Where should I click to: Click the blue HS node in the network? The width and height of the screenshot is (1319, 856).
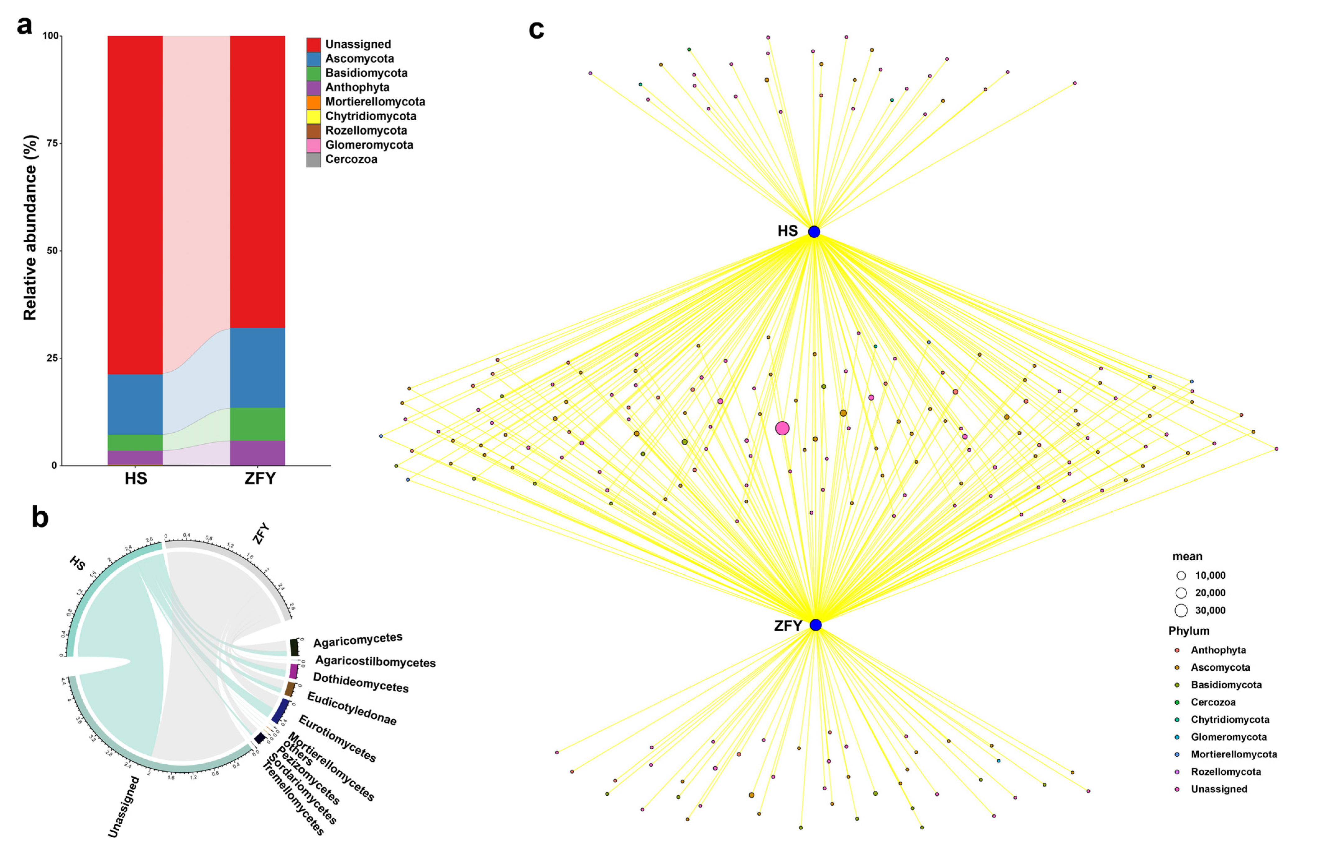pos(814,232)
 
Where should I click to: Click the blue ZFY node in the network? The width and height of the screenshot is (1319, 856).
pos(815,625)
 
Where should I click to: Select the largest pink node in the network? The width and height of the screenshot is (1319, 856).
pos(782,428)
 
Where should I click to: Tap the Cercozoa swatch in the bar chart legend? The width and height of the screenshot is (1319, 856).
pos(313,160)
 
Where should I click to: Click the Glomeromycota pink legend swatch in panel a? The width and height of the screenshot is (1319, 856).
pos(313,145)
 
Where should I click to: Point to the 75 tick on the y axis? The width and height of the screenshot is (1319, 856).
pos(51,143)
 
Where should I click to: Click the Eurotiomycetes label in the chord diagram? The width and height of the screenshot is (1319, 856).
pos(337,738)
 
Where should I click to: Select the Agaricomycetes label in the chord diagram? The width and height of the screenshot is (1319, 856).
pos(357,640)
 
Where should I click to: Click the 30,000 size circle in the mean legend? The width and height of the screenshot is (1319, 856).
pos(1181,610)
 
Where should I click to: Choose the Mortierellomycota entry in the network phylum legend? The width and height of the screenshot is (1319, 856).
pos(1234,754)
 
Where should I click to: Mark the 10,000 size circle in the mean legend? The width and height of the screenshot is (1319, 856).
pos(1181,576)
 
